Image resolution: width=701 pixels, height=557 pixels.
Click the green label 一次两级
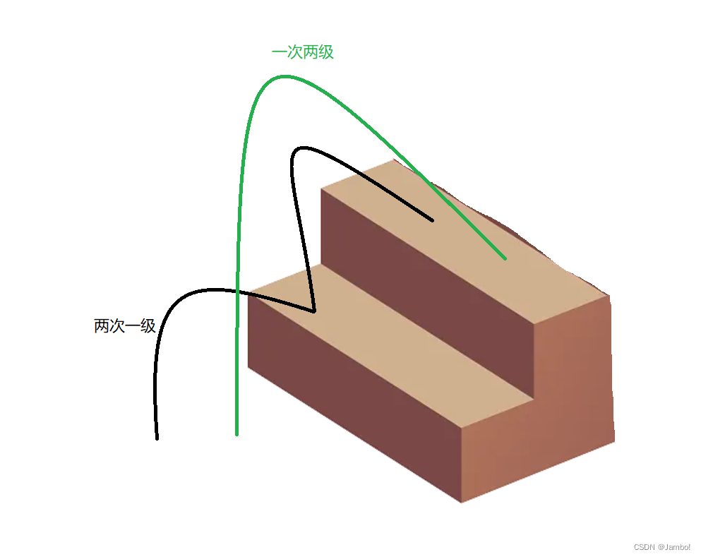tap(302, 52)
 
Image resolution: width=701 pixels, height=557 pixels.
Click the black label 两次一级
tap(124, 326)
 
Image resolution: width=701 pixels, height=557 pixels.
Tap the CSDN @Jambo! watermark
tap(661, 547)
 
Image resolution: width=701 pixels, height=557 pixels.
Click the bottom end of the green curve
tap(236, 433)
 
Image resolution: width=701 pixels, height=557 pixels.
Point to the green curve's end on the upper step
tap(505, 258)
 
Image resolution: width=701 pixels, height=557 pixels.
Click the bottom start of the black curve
tap(157, 438)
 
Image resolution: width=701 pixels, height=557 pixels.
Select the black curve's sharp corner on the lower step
tap(313, 311)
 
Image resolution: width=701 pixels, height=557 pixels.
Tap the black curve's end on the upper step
tap(432, 220)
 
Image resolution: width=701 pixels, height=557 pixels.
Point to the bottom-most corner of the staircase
tap(461, 502)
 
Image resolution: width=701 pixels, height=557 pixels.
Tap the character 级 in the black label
tap(148, 326)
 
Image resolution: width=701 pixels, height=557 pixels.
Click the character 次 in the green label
tap(294, 52)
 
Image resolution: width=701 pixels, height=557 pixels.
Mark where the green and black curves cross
tap(239, 292)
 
